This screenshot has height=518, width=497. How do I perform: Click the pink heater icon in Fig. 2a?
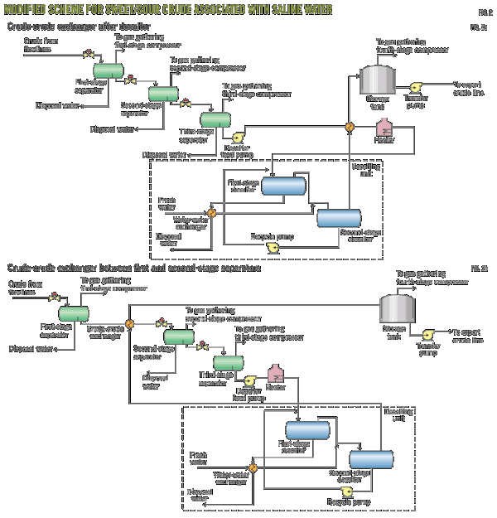point(384,130)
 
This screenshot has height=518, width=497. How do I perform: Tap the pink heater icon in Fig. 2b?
point(277,375)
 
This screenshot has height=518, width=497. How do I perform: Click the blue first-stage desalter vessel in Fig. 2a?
point(283,186)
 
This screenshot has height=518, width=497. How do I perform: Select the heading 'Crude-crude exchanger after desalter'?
point(73,27)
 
